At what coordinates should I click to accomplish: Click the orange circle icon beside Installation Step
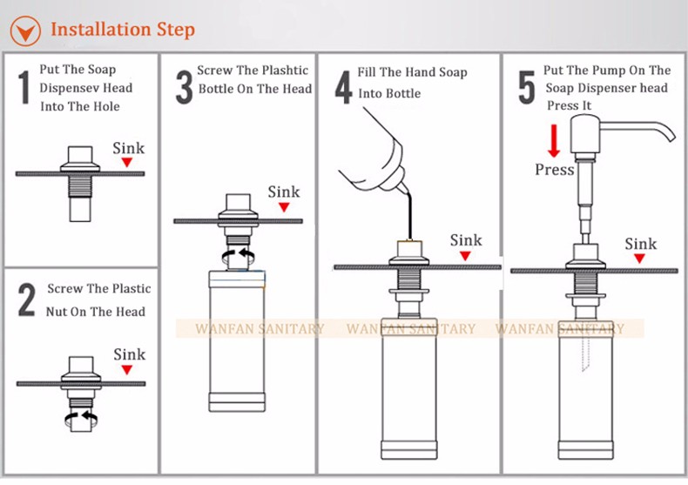click(25, 31)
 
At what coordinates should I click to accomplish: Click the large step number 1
click(24, 88)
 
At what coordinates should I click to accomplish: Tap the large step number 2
click(27, 300)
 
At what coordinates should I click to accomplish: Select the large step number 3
click(185, 88)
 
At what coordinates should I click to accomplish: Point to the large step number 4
click(343, 88)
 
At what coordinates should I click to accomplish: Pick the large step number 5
click(527, 88)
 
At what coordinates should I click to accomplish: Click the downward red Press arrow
click(554, 141)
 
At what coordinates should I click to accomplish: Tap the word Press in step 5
click(555, 170)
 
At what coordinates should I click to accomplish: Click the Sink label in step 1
click(129, 148)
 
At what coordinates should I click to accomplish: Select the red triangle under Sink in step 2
click(127, 370)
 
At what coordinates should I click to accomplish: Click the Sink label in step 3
click(284, 192)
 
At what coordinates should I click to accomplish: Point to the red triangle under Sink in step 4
click(466, 256)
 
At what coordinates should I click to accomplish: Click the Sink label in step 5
click(641, 244)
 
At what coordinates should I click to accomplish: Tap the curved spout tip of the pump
click(671, 137)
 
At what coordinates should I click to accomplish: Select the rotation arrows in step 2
click(81, 418)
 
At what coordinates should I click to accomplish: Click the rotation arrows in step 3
click(239, 257)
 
